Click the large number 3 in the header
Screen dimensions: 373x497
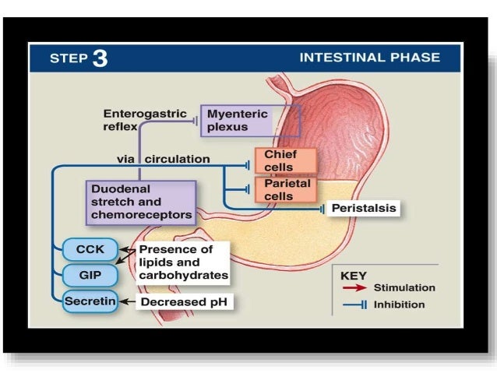(100, 58)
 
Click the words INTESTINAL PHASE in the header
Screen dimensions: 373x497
(369, 58)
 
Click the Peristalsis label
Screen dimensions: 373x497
(364, 209)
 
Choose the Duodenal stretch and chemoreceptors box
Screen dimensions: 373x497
(140, 202)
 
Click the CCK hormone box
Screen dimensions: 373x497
(90, 250)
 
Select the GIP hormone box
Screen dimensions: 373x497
(90, 275)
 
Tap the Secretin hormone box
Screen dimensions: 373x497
(90, 301)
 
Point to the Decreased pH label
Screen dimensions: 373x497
(185, 301)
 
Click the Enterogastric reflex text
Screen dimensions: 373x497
(136, 119)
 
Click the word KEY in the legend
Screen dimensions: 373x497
(354, 275)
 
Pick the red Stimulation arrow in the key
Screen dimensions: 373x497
(354, 288)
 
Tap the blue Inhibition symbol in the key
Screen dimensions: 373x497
(354, 305)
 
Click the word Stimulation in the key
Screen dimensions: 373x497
(404, 288)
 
